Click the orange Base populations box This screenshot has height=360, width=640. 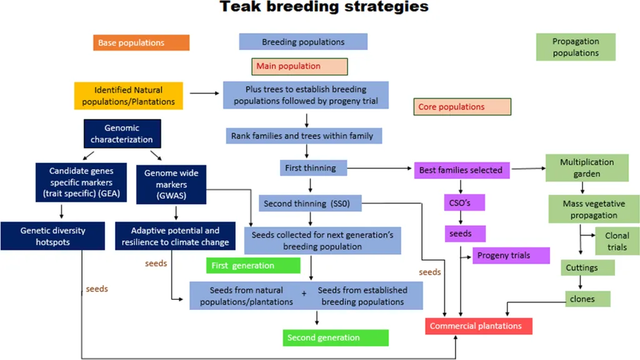point(141,42)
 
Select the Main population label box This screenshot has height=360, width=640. point(299,66)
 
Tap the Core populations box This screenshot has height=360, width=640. point(462,106)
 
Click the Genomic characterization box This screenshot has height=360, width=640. point(122,134)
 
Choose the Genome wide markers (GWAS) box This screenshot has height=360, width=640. point(171,184)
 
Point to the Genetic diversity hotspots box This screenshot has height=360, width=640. point(52,236)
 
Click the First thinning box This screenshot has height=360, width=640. point(313,167)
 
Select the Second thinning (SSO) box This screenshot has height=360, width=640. point(310,203)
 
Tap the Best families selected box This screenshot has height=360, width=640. point(462,170)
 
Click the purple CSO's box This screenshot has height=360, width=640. point(464,202)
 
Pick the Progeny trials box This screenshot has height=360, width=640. point(511,256)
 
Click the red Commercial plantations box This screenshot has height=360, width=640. point(479,326)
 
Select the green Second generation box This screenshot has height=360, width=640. point(336,337)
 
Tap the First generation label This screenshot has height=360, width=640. point(253,265)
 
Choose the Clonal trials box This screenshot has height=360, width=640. point(617,241)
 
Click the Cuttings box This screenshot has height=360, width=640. point(587,267)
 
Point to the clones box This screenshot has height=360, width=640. point(587,299)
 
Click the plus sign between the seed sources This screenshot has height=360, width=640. point(304,294)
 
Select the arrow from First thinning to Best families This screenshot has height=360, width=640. point(379,168)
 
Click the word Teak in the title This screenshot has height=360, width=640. point(240,6)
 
